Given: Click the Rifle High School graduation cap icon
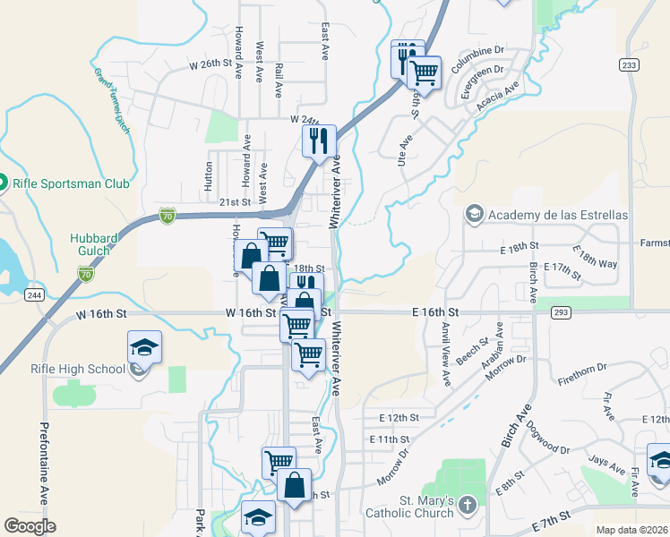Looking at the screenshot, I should pyautogui.click(x=143, y=347).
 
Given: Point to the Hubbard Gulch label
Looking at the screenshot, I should pyautogui.click(x=103, y=244).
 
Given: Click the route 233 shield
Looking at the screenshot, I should pyautogui.click(x=628, y=64).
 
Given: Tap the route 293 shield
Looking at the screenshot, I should pyautogui.click(x=562, y=312).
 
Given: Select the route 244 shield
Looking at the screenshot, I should pyautogui.click(x=35, y=295).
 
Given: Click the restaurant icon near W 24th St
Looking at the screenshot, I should pyautogui.click(x=318, y=141).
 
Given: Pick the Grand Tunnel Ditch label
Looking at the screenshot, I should pyautogui.click(x=112, y=98).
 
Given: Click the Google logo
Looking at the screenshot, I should pyautogui.click(x=30, y=525).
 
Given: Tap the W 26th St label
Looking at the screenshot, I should pyautogui.click(x=210, y=64).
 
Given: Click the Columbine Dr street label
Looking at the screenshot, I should pyautogui.click(x=478, y=61).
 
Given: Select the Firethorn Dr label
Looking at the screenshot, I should pyautogui.click(x=583, y=368).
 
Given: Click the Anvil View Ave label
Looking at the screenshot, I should pyautogui.click(x=443, y=354).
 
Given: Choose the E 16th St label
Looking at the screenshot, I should pyautogui.click(x=435, y=311).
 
